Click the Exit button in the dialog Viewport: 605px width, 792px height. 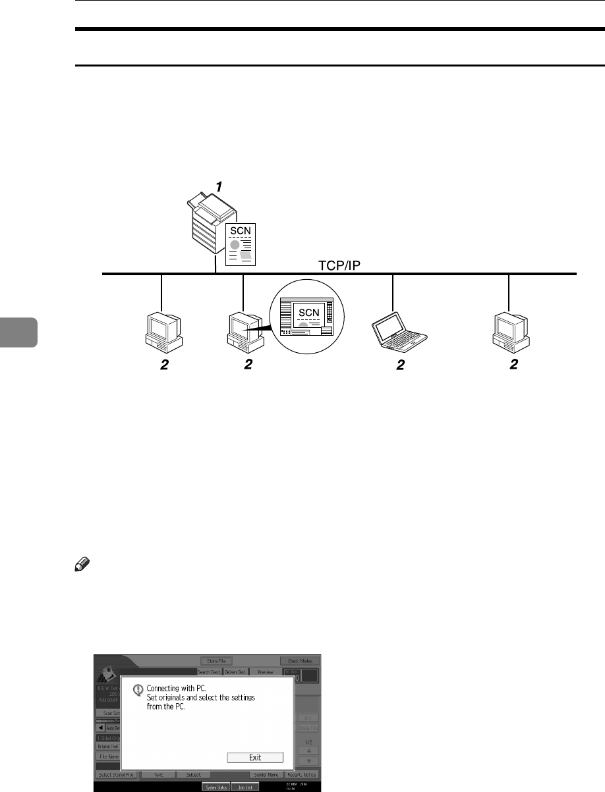point(255,757)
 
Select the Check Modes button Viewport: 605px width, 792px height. point(301,660)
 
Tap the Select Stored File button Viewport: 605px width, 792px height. point(117,776)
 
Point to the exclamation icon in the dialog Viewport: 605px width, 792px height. point(138,690)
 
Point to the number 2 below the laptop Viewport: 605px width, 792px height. point(399,367)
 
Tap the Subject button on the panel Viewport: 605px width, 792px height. point(193,776)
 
